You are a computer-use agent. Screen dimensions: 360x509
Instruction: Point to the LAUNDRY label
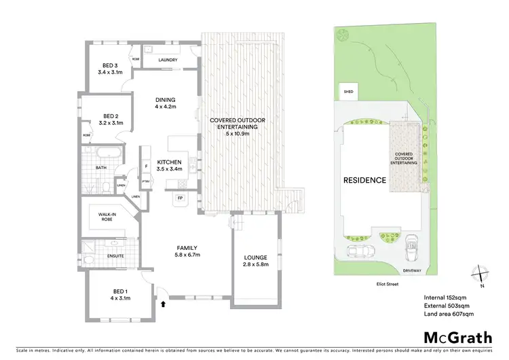[168, 60]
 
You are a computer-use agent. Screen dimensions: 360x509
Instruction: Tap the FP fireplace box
[180, 198]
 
